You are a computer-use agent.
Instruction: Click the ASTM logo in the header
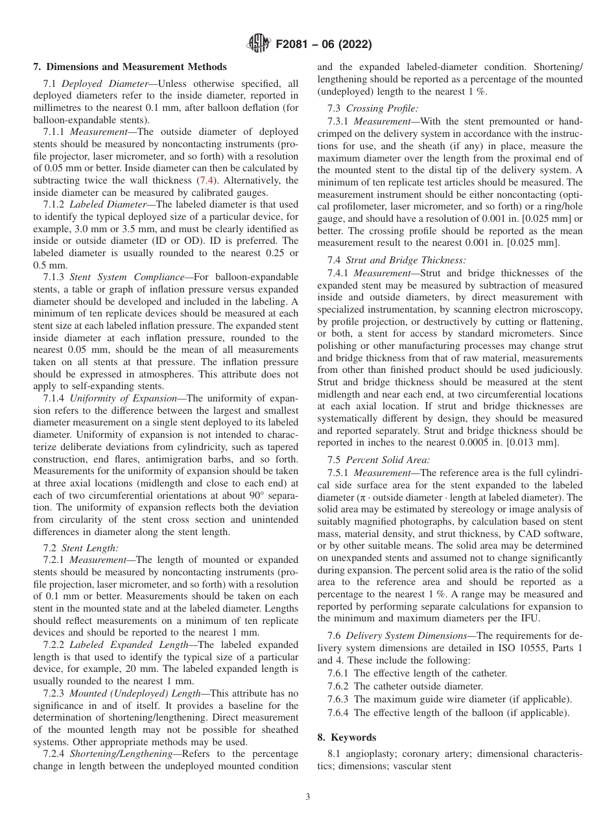click(259, 45)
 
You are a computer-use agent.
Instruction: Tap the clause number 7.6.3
click(339, 699)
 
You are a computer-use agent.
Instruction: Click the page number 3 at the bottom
click(307, 796)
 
